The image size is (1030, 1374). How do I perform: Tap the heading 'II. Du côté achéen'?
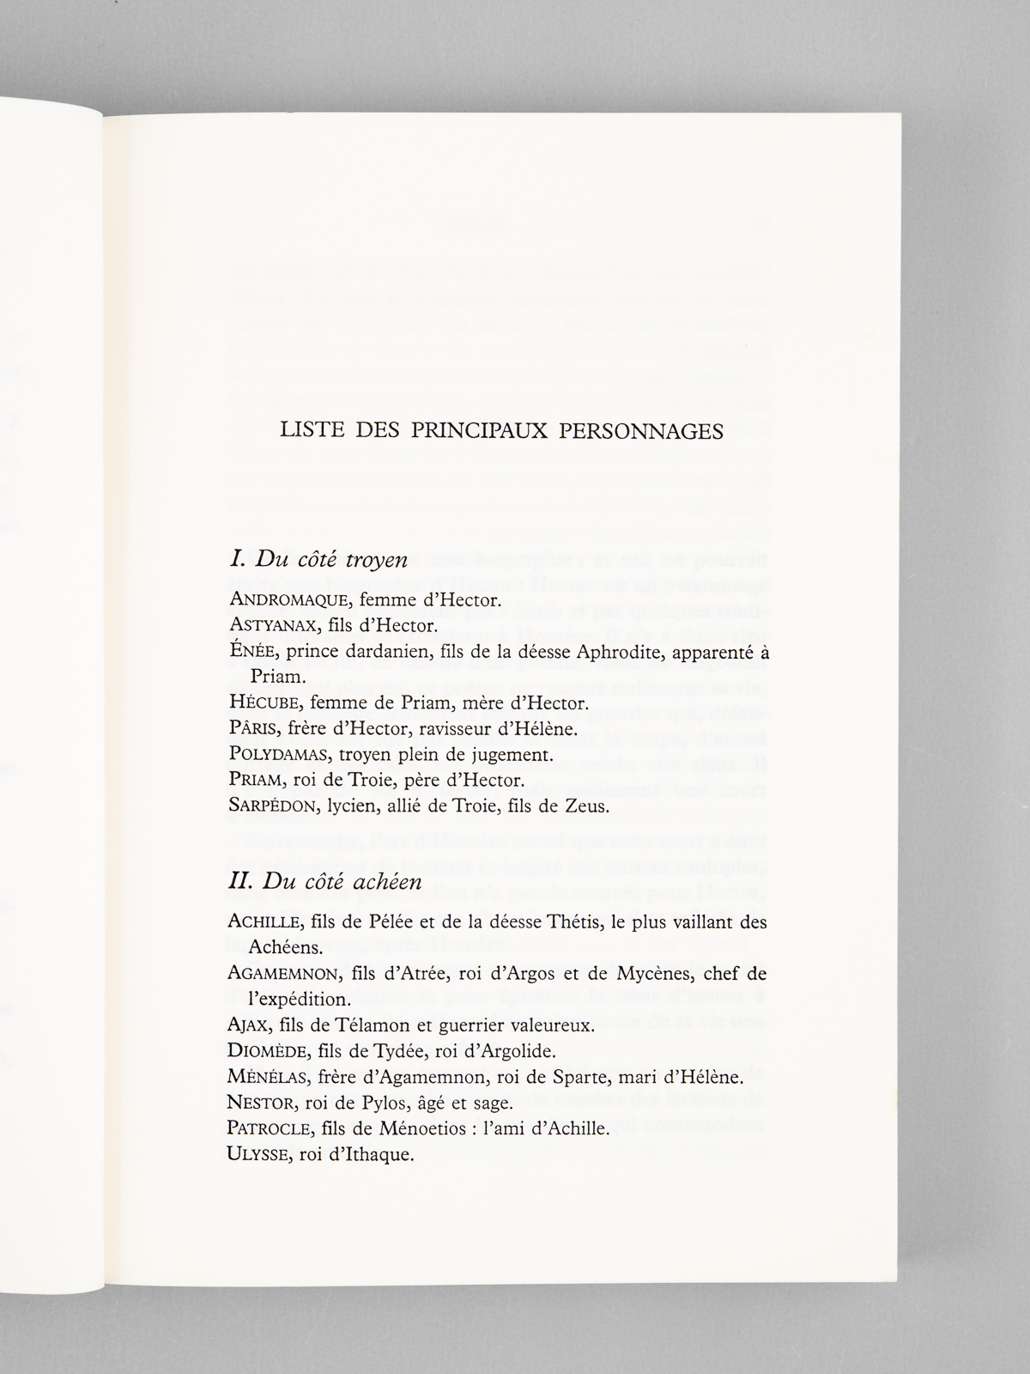(325, 883)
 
